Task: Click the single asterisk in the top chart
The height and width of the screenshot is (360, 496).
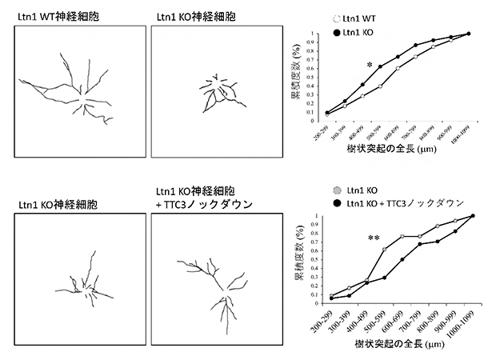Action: point(370,65)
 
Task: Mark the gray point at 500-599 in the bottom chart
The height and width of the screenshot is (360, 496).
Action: point(386,249)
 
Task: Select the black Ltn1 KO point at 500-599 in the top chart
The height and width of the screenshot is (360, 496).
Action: point(380,66)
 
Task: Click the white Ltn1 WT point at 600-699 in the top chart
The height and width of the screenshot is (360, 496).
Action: point(398,69)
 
